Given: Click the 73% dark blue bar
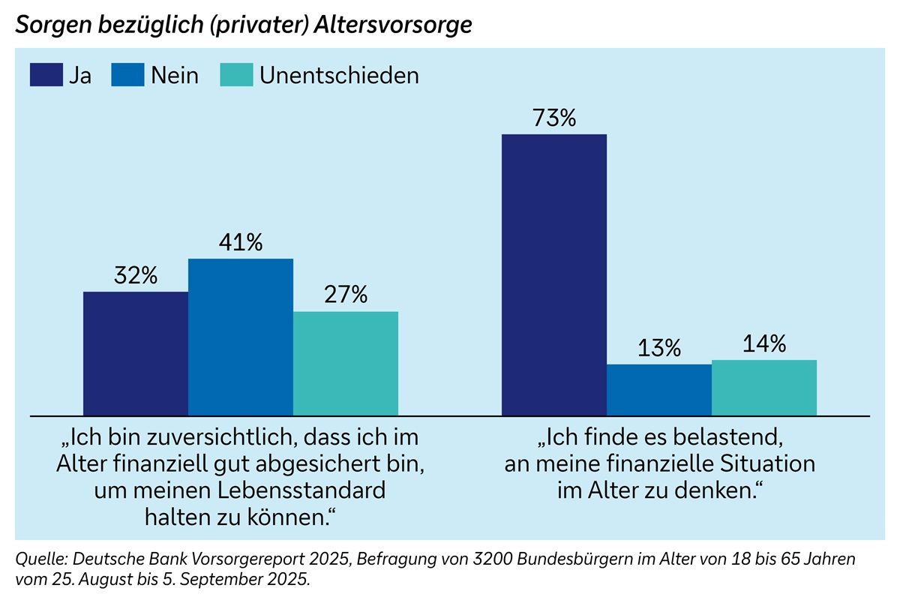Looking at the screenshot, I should [553, 274].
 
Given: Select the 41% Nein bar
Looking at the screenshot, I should [240, 337].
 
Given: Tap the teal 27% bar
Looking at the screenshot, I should [345, 363].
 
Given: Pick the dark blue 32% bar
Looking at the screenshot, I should [135, 353].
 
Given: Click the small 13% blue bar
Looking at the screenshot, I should [658, 390].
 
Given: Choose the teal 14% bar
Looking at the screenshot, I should [763, 388].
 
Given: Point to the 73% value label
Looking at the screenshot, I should [553, 118].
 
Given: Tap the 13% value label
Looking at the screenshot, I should [659, 349].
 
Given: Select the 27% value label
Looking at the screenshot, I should [346, 295].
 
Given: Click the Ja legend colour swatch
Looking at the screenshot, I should [46, 75].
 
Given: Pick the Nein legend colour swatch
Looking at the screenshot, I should [127, 75].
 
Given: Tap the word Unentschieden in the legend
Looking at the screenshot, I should [339, 75].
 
